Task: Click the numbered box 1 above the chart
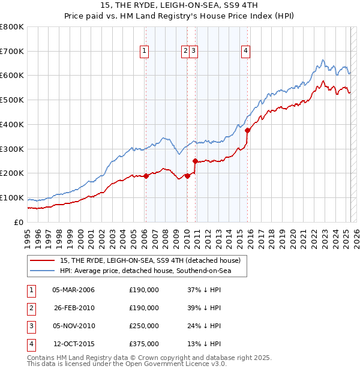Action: [145, 52]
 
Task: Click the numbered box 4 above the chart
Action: [246, 52]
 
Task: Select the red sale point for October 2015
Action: [248, 131]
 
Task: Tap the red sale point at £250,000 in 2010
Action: [195, 161]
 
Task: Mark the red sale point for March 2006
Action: [146, 176]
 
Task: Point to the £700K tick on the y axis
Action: [12, 51]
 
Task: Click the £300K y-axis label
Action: [12, 149]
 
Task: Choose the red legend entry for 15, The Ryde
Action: [150, 260]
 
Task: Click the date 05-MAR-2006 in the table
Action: [74, 290]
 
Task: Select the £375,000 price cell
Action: [144, 344]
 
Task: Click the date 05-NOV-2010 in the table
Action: [74, 326]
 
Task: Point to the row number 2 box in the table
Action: [31, 308]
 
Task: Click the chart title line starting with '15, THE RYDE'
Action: [180, 7]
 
